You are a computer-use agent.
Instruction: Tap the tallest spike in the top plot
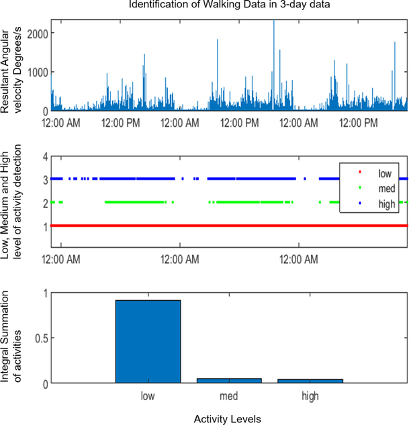[x=273, y=22]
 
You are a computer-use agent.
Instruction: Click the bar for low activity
[x=148, y=342]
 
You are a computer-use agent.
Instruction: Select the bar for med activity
[x=229, y=381]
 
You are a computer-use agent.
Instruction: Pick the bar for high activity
[x=310, y=381]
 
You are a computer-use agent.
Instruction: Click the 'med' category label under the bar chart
[x=229, y=397]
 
